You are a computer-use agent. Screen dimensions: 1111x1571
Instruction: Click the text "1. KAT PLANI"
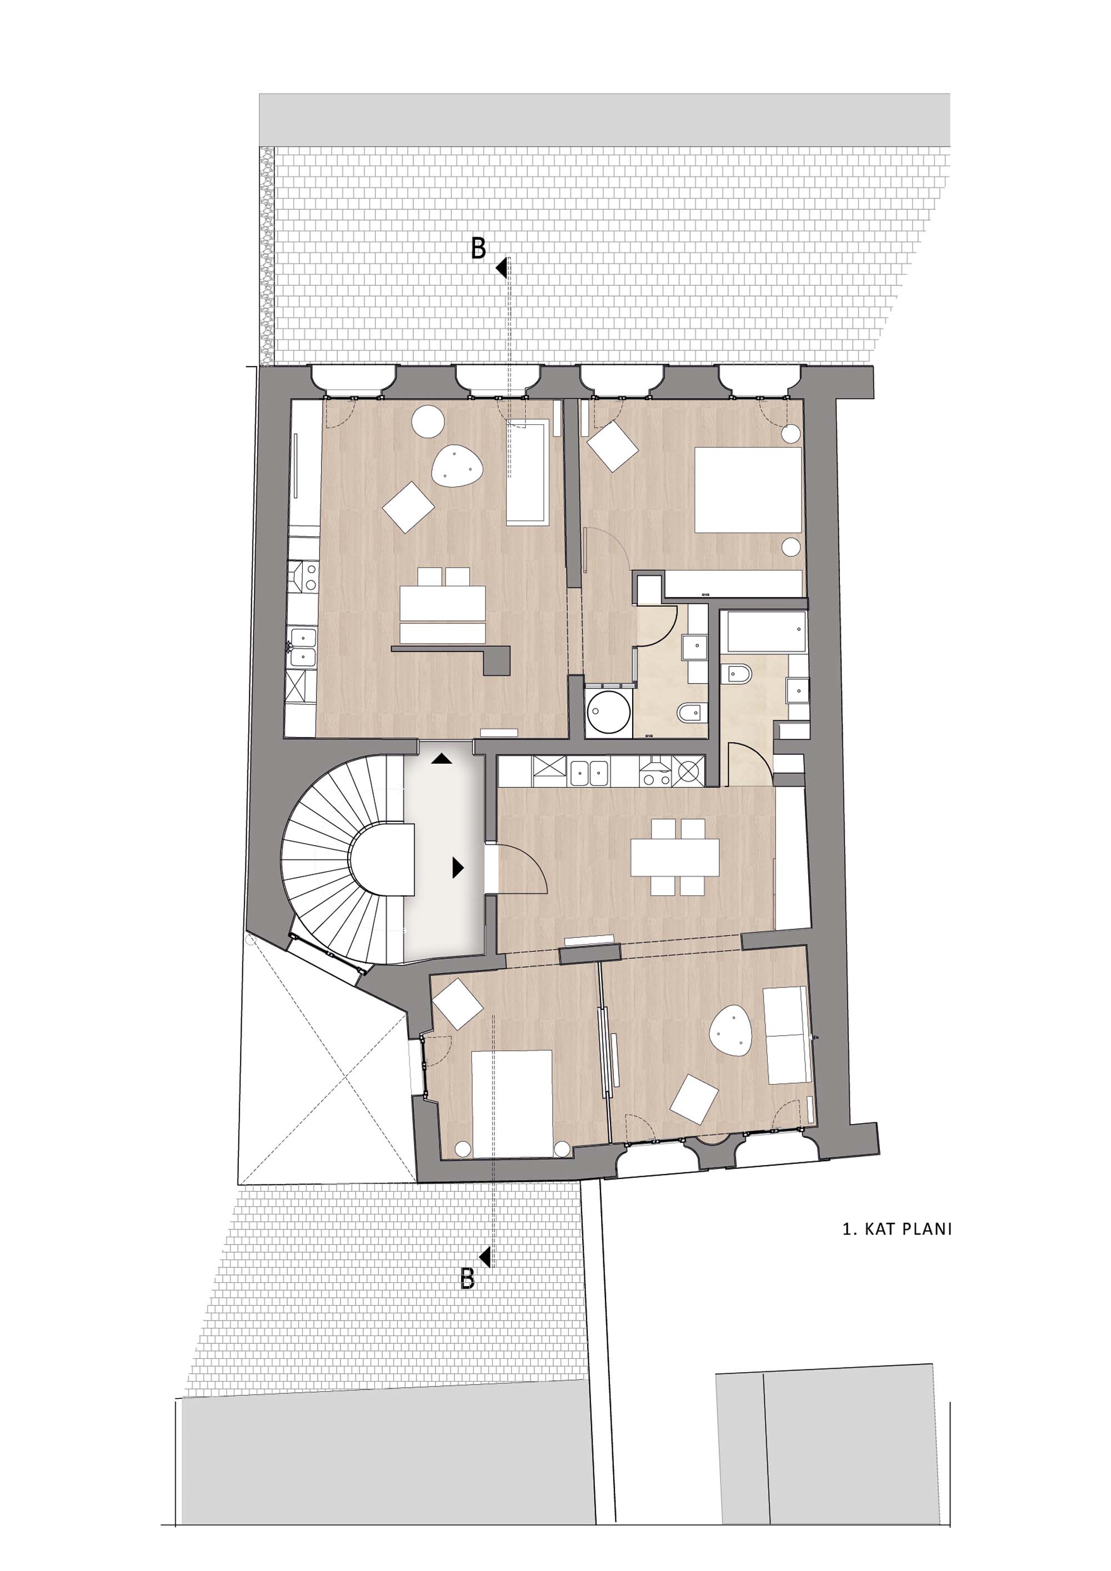pos(897,1229)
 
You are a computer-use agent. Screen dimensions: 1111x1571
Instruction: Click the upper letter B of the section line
pos(478,248)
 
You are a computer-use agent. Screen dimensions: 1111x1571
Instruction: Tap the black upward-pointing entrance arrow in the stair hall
pos(442,758)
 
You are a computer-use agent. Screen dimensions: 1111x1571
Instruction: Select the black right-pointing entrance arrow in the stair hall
pos(458,869)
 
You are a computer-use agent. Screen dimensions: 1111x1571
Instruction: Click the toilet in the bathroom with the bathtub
pos(740,675)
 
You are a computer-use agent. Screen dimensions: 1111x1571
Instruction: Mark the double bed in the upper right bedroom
pos(748,489)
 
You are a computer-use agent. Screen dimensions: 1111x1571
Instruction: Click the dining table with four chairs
pos(675,857)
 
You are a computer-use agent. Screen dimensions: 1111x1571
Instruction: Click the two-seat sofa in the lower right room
pos(787,1035)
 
